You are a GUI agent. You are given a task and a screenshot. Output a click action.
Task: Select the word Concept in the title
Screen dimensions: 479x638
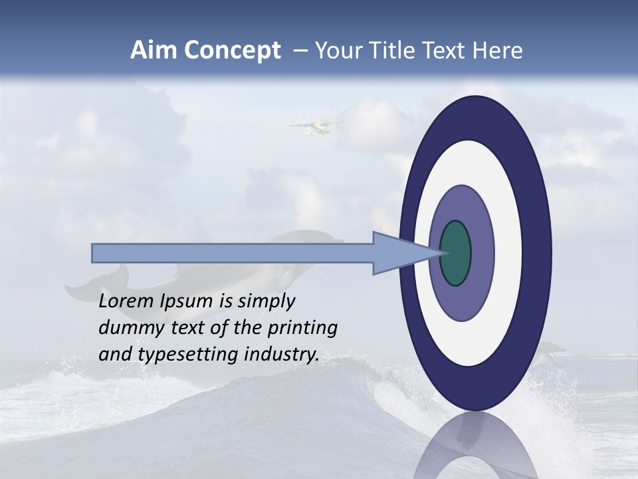(x=232, y=51)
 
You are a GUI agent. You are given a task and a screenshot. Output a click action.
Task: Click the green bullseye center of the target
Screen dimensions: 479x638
(x=455, y=253)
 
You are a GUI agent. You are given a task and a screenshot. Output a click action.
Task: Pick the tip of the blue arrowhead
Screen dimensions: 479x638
(x=441, y=253)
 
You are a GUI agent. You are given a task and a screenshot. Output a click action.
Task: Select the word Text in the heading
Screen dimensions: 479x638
(x=446, y=51)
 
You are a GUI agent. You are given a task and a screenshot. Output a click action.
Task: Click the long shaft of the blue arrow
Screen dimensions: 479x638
(x=233, y=253)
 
